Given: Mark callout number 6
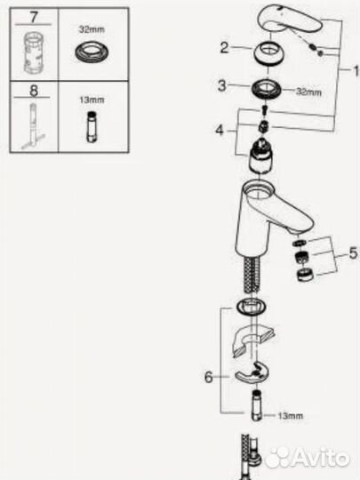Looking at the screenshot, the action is click(x=210, y=377).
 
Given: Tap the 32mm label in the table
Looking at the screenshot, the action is click(x=86, y=29).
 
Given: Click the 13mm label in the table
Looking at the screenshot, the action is click(x=86, y=100).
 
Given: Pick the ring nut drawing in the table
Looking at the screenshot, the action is click(x=86, y=52).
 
